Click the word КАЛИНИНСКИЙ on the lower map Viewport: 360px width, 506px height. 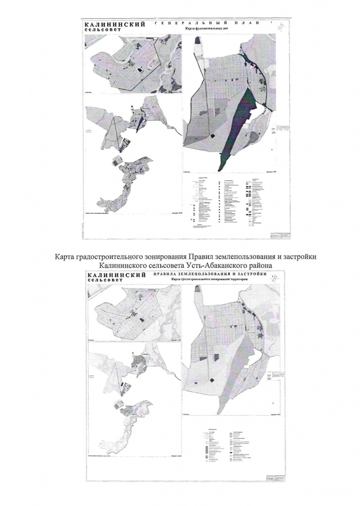coord(115,275)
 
